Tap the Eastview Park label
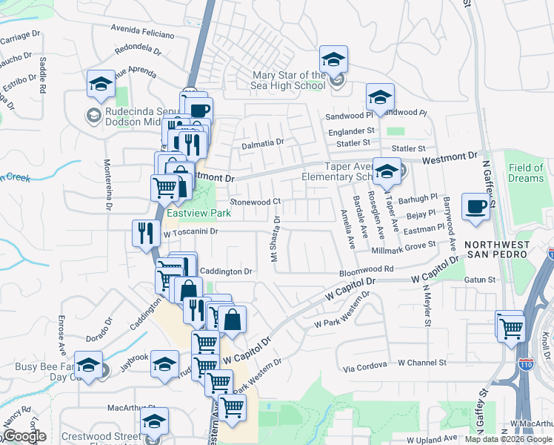(198, 213)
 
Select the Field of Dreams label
(526, 174)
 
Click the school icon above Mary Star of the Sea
(334, 60)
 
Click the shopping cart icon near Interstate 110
(510, 326)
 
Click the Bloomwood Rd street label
(367, 270)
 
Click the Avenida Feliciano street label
(143, 33)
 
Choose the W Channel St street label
(421, 363)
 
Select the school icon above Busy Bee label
(89, 366)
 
